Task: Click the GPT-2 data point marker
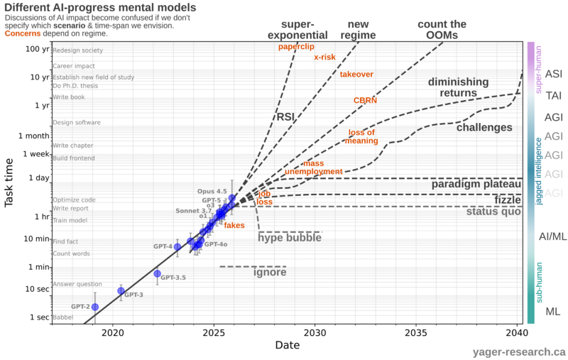(95, 307)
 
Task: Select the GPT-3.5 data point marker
(158, 273)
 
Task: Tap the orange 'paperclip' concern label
(296, 46)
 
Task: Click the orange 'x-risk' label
(325, 57)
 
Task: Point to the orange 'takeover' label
(356, 74)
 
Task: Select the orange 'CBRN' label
(365, 101)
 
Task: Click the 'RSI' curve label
(285, 116)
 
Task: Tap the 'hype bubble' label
(290, 238)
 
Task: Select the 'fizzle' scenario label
(508, 200)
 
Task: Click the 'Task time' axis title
(9, 182)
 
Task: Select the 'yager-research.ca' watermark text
(519, 351)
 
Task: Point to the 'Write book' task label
(69, 97)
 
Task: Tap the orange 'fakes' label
(234, 225)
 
